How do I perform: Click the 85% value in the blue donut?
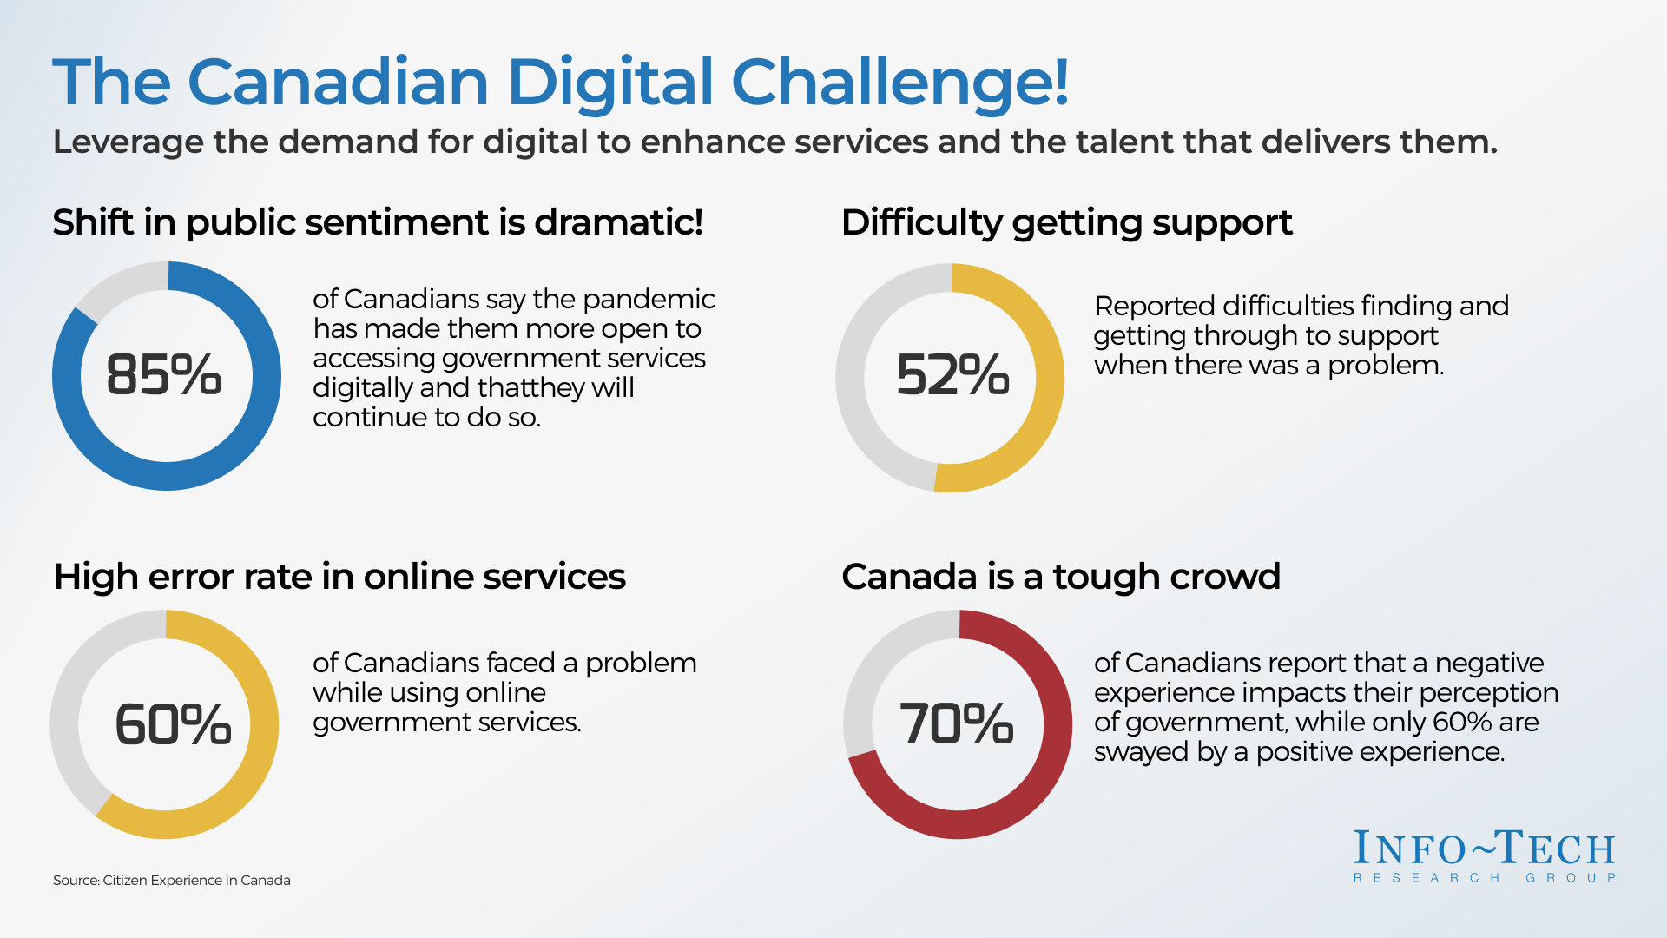pos(164,375)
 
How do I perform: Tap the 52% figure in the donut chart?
pos(952,375)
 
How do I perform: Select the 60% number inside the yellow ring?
pos(173,724)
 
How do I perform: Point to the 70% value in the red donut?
pos(957,723)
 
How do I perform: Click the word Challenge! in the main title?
pos(900,83)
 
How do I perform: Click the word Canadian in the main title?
pos(339,83)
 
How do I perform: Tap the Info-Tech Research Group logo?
pos(1485,856)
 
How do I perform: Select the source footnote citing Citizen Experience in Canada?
pos(172,880)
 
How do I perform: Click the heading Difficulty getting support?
pos(1067,223)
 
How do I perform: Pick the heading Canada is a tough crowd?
pos(1061,577)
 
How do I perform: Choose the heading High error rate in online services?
pos(339,577)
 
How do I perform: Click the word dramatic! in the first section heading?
pos(619,222)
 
